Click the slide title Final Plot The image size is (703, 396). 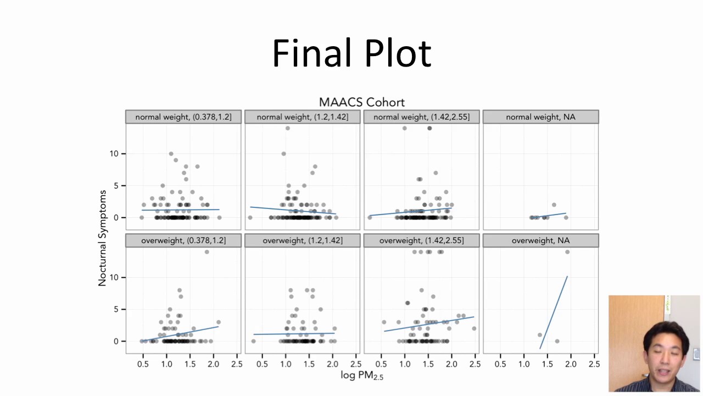[x=351, y=53]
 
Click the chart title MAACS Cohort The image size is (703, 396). [x=361, y=102]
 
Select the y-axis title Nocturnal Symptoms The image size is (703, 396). [x=102, y=238]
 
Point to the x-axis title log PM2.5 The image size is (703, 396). [x=361, y=376]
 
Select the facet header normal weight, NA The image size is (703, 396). [x=540, y=117]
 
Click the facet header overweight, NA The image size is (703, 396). [x=540, y=240]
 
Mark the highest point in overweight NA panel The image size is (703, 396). [x=567, y=252]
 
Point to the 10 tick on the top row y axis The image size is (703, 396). [x=114, y=153]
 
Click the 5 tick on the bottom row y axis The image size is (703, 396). [x=116, y=309]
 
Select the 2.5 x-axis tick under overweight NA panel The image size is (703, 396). [x=594, y=364]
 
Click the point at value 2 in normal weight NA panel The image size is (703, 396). [x=554, y=205]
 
